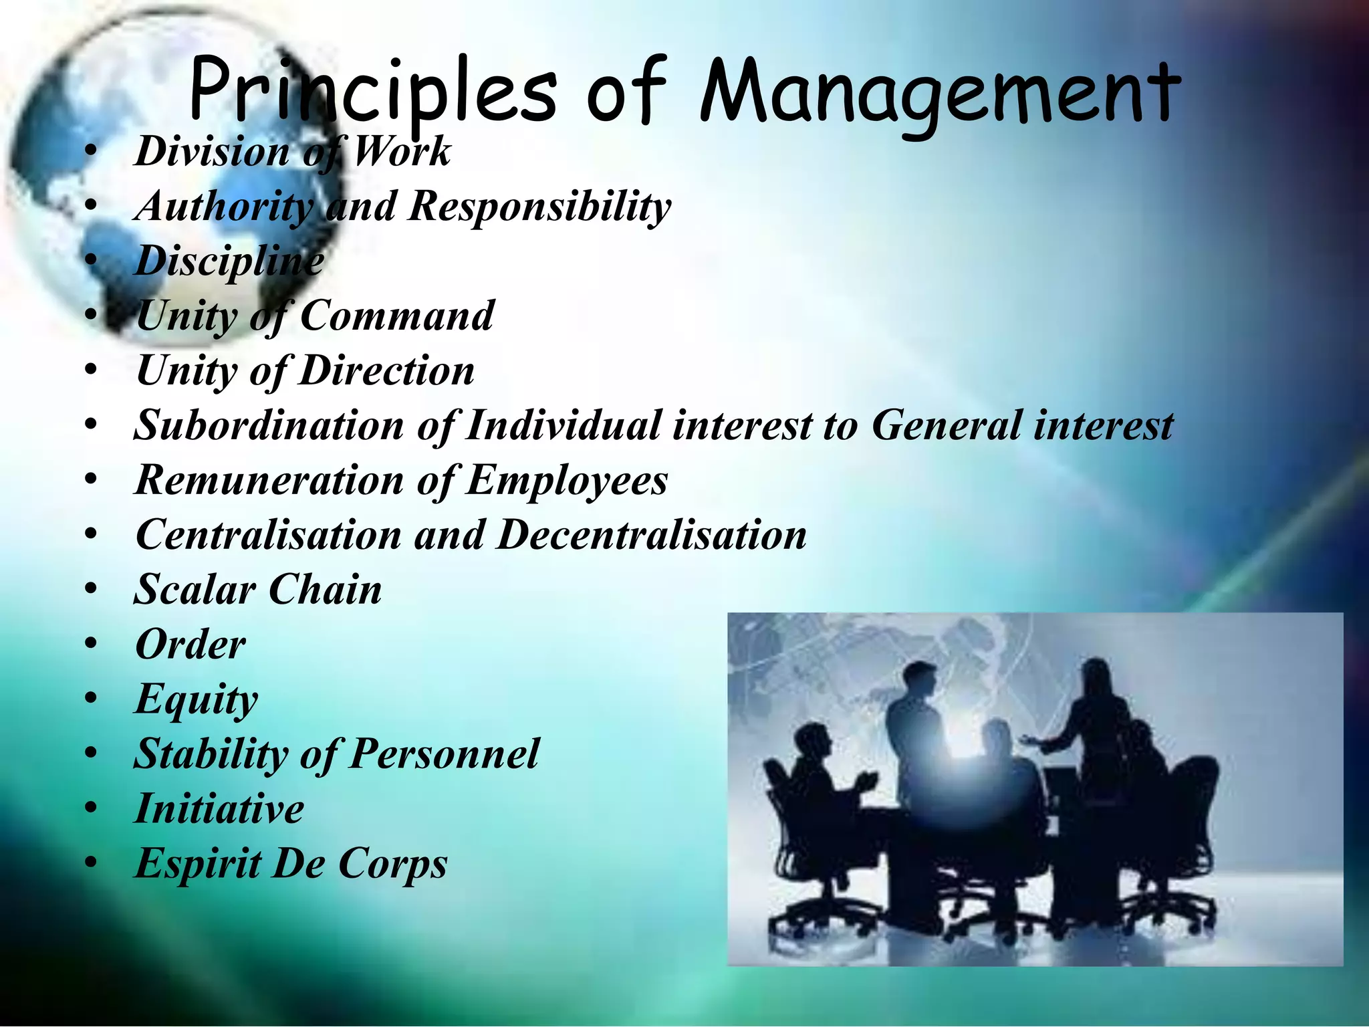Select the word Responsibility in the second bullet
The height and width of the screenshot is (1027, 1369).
point(539,206)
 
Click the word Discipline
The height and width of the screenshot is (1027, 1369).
point(229,261)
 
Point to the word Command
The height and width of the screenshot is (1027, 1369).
point(397,316)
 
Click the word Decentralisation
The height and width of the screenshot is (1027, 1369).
point(652,535)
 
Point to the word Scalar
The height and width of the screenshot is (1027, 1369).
point(195,590)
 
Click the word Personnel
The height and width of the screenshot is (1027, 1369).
point(445,754)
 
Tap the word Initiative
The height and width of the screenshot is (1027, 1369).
point(219,809)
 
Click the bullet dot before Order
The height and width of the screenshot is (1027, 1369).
point(92,645)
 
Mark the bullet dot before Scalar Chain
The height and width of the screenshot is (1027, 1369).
point(92,590)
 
